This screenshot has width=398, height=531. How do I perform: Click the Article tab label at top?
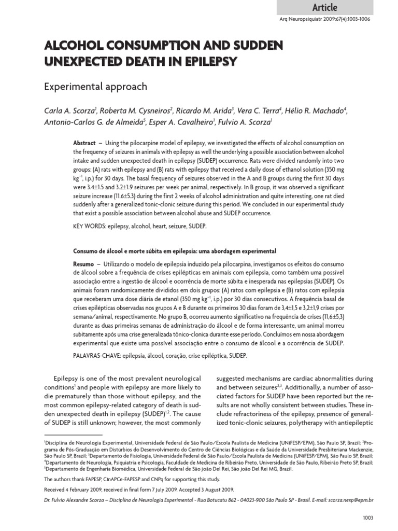(325, 7)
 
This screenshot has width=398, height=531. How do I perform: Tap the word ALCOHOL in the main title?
(72, 46)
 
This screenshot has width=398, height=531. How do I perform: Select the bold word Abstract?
(84, 143)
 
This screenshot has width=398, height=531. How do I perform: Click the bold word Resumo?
(83, 264)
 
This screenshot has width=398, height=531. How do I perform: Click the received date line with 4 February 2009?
(139, 489)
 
